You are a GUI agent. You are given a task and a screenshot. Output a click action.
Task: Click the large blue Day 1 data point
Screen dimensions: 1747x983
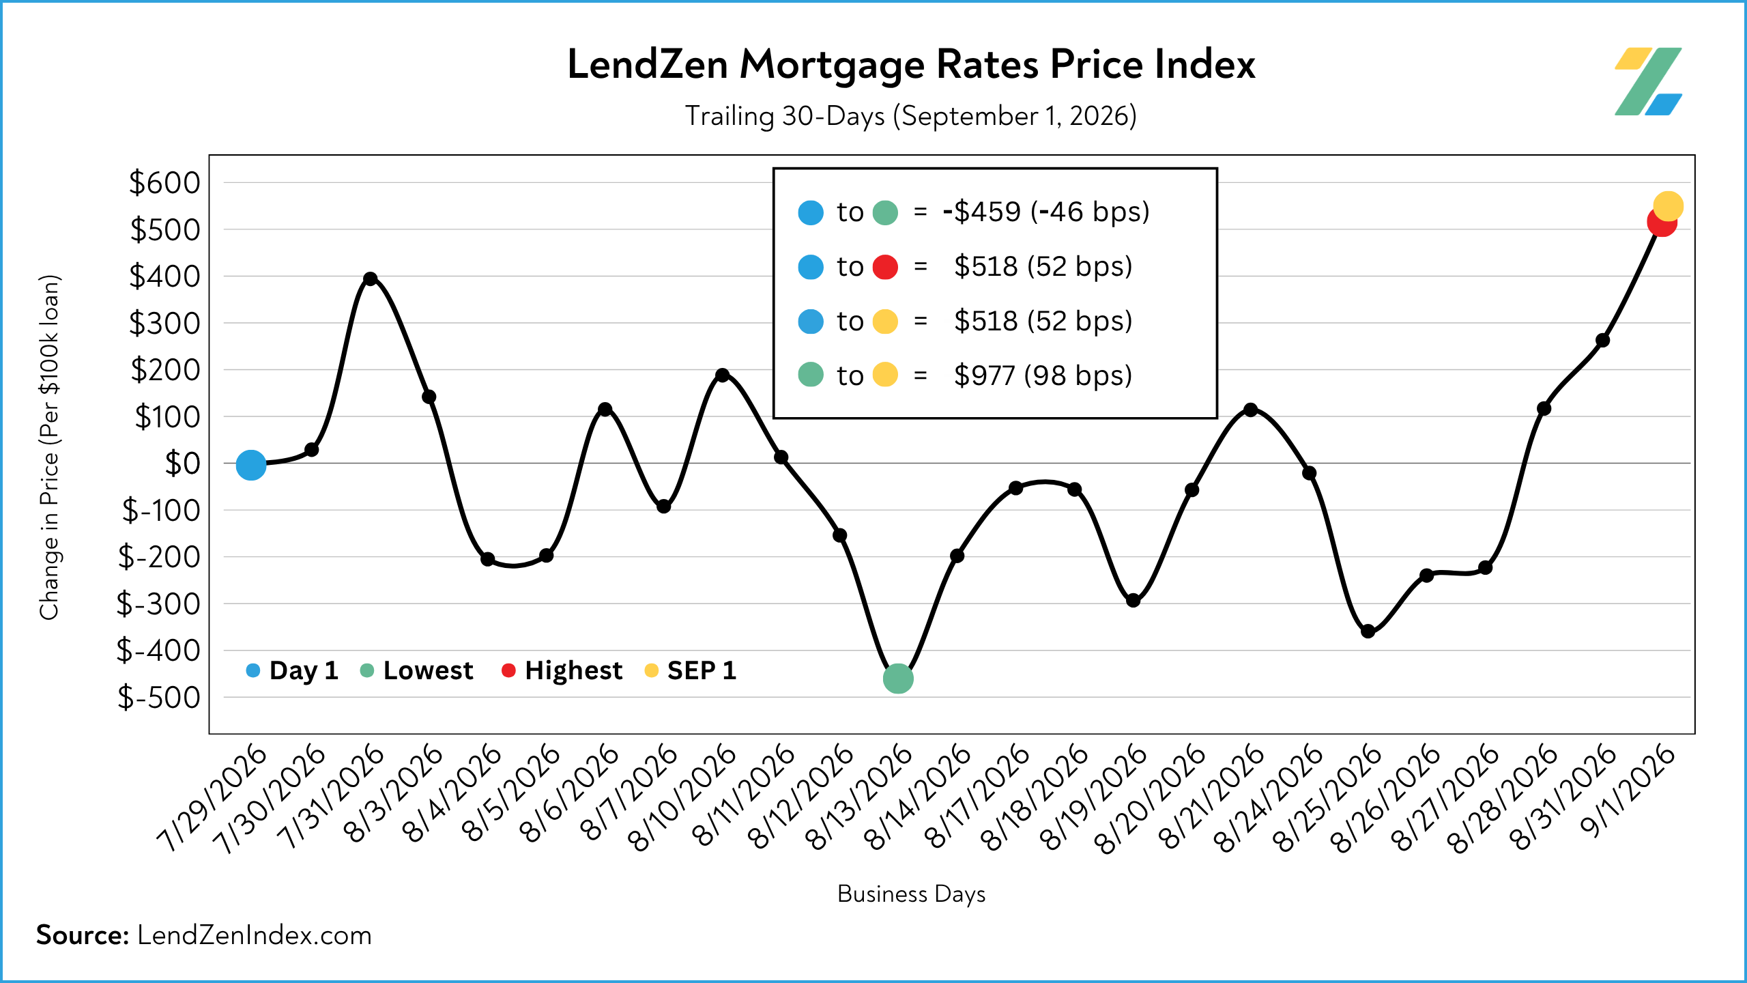250,466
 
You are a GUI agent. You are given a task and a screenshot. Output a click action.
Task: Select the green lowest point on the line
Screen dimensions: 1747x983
898,679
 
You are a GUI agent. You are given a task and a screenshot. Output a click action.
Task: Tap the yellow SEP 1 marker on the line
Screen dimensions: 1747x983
1668,206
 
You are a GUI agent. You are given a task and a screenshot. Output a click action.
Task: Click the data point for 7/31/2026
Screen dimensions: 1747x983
371,279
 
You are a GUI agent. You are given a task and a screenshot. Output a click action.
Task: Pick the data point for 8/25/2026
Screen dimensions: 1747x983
1368,631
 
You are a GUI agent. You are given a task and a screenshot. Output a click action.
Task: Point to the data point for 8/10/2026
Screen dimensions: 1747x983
722,375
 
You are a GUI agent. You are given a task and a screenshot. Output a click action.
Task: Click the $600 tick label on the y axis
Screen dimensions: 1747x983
164,183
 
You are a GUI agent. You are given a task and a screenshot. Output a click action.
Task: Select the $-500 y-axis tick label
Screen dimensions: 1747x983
158,698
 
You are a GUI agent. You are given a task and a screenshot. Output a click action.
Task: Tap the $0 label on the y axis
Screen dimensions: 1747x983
182,464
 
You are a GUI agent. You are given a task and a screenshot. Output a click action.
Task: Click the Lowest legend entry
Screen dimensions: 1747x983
416,670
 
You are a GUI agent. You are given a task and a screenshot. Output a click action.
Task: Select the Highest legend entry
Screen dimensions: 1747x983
562,671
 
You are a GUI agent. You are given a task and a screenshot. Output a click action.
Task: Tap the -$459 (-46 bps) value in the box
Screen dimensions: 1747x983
1046,212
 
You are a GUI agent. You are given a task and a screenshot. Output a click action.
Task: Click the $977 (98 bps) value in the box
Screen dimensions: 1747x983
1043,375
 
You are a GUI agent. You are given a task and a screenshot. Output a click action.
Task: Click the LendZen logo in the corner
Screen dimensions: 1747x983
1648,81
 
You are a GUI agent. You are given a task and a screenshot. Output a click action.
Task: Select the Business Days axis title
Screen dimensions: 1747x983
912,894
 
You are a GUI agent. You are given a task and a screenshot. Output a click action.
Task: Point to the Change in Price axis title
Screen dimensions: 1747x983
50,447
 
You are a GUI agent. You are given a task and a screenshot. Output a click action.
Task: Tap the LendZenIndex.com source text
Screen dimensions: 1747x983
255,935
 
